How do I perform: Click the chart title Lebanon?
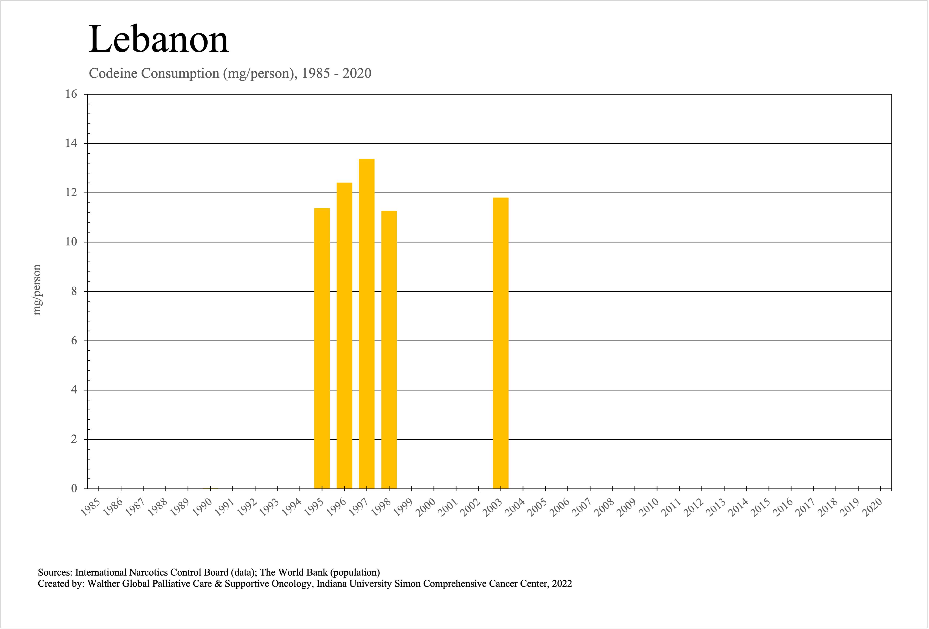pyautogui.click(x=158, y=39)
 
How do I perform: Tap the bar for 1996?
pyautogui.click(x=344, y=335)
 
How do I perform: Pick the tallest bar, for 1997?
pyautogui.click(x=367, y=324)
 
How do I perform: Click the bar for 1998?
pyautogui.click(x=389, y=349)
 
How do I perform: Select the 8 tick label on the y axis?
pyautogui.click(x=74, y=291)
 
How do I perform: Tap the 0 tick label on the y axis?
pyautogui.click(x=74, y=488)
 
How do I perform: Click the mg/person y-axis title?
pyautogui.click(x=37, y=290)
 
